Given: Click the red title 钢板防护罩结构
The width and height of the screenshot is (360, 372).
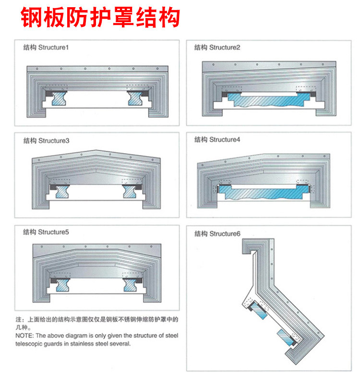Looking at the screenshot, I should click(100, 17).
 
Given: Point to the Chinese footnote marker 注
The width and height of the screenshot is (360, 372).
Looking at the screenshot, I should click(18, 319).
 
